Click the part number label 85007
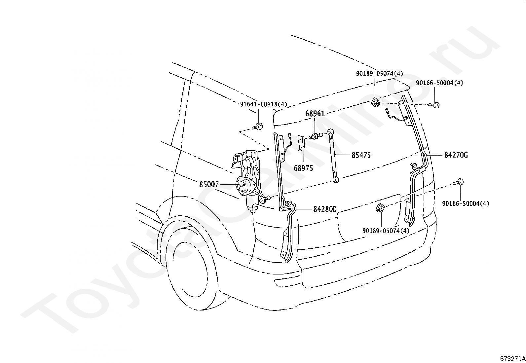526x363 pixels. [x=209, y=184]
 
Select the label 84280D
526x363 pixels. [x=324, y=209]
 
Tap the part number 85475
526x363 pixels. [x=361, y=155]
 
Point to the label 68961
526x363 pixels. [x=315, y=114]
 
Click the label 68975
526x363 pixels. [x=303, y=168]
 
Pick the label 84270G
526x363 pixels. [x=456, y=155]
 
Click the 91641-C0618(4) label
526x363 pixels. [x=263, y=104]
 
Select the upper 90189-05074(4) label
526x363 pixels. [x=379, y=74]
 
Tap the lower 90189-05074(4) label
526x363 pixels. [x=386, y=231]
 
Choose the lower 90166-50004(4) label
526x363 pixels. [x=466, y=203]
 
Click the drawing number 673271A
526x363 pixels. [x=512, y=359]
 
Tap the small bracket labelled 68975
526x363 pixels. [x=301, y=143]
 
